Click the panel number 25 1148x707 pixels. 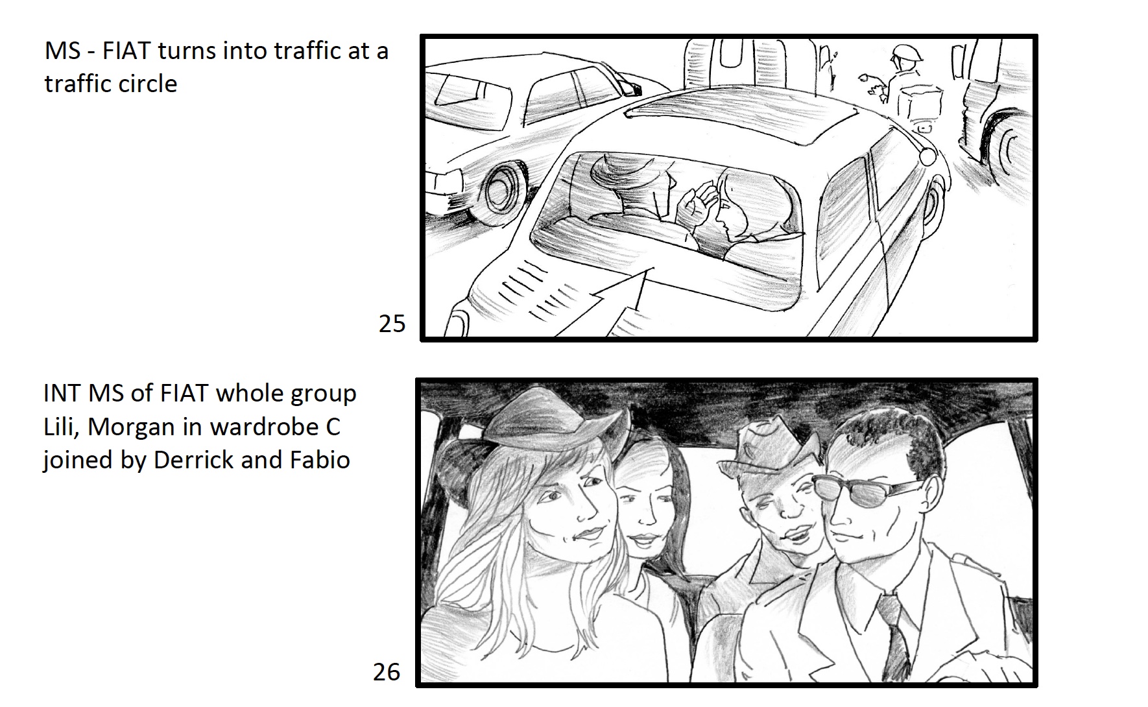pyautogui.click(x=392, y=323)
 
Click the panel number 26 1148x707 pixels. pyautogui.click(x=387, y=672)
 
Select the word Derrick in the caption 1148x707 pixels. pyautogui.click(x=195, y=459)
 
